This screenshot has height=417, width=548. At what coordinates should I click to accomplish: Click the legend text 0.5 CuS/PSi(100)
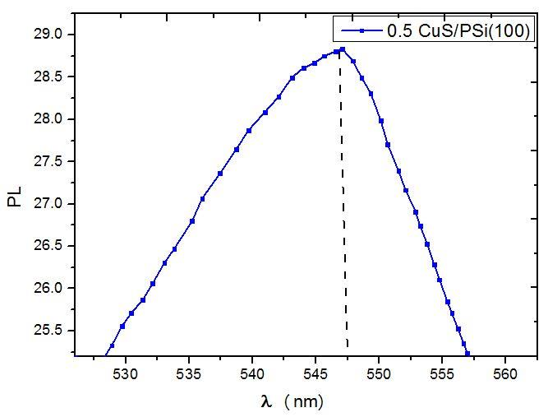coord(460,31)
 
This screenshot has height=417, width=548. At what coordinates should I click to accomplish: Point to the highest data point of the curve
coord(342,49)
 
